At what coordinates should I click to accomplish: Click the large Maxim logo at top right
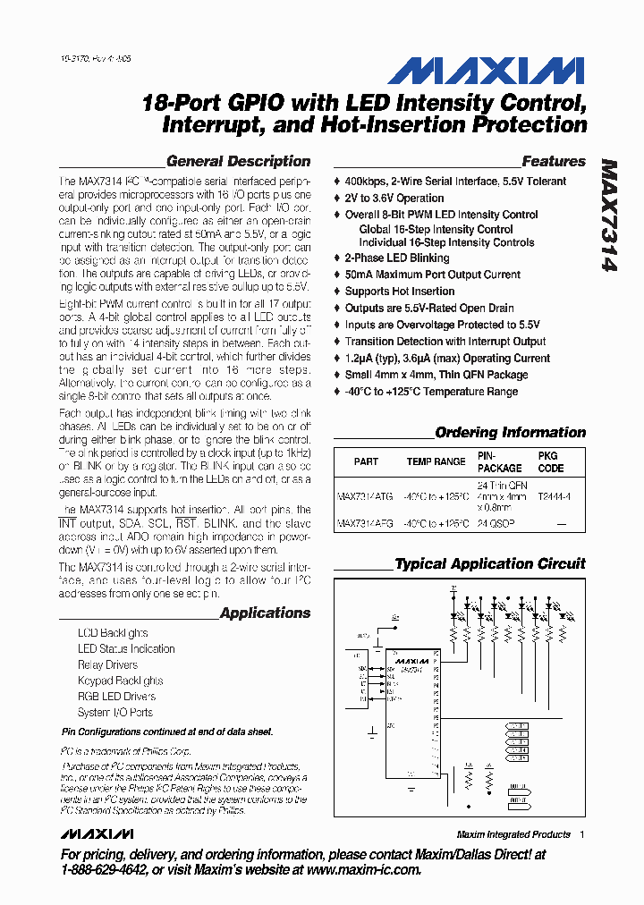coord(487,71)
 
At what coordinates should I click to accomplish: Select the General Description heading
coord(238,162)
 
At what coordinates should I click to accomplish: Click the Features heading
coord(554,162)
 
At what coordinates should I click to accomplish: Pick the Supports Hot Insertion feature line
coord(400,292)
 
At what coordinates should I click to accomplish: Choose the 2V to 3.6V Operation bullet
coord(394,199)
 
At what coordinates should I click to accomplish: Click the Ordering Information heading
coord(510,433)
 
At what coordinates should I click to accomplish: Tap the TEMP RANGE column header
coord(436,462)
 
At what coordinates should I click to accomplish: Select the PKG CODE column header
coord(551,462)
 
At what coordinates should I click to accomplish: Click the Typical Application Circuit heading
coord(490,564)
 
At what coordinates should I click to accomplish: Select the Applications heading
coord(265,613)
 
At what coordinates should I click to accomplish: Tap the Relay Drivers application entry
coord(107,665)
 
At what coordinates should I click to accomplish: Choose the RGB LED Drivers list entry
coord(116,697)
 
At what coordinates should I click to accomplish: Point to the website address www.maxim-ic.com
coord(363,869)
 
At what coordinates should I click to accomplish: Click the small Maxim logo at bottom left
coord(97,834)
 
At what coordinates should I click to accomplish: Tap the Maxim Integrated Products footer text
coord(513,834)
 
